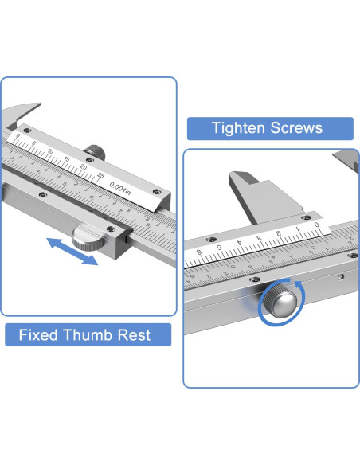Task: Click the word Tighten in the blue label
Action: pyautogui.click(x=238, y=128)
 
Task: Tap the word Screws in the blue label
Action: pyautogui.click(x=296, y=128)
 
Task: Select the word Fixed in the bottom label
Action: pyautogui.click(x=38, y=334)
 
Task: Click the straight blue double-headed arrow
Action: pyautogui.click(x=72, y=251)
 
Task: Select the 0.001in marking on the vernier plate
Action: pyautogui.click(x=119, y=189)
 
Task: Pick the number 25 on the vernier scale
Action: pyautogui.click(x=101, y=175)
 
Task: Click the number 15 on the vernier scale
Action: pyautogui.click(x=67, y=159)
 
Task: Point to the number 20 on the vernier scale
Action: pyautogui.click(x=84, y=167)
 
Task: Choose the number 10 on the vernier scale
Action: pyautogui.click(x=50, y=151)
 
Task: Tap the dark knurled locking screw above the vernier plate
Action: pyautogui.click(x=95, y=151)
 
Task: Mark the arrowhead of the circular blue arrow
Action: pyautogui.click(x=298, y=285)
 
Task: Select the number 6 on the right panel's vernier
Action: pyautogui.click(x=199, y=252)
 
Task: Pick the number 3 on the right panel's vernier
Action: pyautogui.click(x=259, y=238)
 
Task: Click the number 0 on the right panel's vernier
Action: pyautogui.click(x=317, y=225)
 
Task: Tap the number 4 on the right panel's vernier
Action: pyautogui.click(x=239, y=243)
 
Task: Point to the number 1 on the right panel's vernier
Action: pyautogui.click(x=298, y=229)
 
